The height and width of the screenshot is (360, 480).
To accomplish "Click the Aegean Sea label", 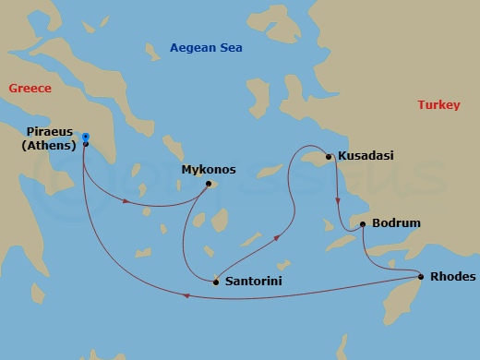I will click(205, 47).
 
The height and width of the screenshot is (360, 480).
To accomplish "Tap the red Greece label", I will click(29, 88).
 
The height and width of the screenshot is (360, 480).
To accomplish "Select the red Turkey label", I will click(438, 105).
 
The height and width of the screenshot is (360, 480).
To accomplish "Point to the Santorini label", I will click(252, 281).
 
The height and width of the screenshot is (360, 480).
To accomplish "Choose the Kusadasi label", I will click(366, 156).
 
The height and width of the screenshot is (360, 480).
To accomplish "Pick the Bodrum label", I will click(396, 223).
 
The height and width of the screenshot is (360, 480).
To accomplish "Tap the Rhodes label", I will click(452, 276).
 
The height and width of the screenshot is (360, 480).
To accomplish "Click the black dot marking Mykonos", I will click(210, 183).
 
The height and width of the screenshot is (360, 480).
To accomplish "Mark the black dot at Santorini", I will click(216, 282).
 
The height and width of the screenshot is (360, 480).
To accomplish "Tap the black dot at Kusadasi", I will click(330, 156).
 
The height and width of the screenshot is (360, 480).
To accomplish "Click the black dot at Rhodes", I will click(421, 276).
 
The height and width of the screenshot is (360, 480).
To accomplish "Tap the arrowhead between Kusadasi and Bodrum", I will click(337, 199).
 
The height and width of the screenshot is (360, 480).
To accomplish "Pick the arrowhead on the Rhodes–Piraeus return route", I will click(187, 296).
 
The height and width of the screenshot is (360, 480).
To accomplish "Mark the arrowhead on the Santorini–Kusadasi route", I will click(276, 237).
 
